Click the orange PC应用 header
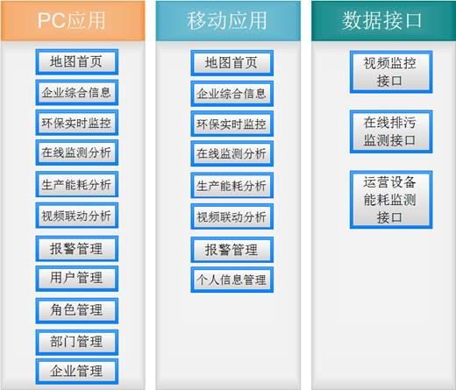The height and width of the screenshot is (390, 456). coord(73,21)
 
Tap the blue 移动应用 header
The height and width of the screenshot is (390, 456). coord(228,21)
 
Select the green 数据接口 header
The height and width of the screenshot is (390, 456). coord(383,21)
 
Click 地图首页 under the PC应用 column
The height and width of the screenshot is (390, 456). coord(77,62)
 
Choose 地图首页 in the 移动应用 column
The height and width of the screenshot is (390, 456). coord(232,63)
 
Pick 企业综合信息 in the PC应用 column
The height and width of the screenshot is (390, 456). coord(77,92)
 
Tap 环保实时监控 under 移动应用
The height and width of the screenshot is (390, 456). coord(232,124)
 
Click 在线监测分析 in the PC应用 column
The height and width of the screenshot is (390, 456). coord(77,152)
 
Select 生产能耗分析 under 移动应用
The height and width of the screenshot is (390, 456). coord(232,185)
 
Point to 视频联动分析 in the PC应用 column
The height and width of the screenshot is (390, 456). coord(77,216)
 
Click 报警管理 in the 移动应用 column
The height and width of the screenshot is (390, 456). coord(232,250)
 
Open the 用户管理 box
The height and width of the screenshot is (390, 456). coord(77,279)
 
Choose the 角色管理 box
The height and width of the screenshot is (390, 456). coord(77,311)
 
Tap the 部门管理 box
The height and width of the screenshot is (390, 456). coord(77,343)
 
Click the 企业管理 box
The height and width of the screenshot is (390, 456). coord(77,372)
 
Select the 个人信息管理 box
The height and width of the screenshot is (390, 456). coord(232,280)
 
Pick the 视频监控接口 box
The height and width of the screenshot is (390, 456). coord(391,72)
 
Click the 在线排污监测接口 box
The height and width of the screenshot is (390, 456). coord(391,131)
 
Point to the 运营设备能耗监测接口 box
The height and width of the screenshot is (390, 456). coord(391,200)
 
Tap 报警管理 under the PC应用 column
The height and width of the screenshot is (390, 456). coord(77,249)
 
